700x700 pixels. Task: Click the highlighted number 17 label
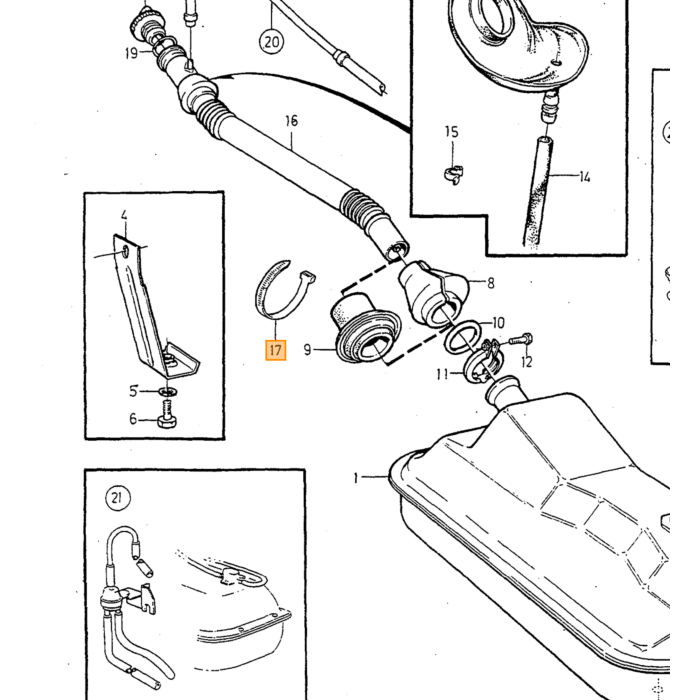[x=275, y=350]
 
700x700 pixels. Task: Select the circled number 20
[x=272, y=42]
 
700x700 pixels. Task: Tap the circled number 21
[x=118, y=497]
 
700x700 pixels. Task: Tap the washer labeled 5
[x=167, y=392]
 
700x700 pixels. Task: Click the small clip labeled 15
[x=453, y=174]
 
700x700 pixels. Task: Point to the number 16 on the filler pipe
[x=291, y=121]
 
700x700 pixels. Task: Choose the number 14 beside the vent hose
[x=584, y=177]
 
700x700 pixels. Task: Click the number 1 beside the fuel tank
[x=356, y=478]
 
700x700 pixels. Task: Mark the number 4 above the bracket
[x=124, y=215]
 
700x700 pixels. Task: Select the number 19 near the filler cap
[x=131, y=54]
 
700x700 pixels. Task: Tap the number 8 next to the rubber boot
[x=491, y=283]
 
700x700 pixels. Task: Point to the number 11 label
[x=442, y=374]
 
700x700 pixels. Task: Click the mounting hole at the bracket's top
[x=125, y=252]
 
